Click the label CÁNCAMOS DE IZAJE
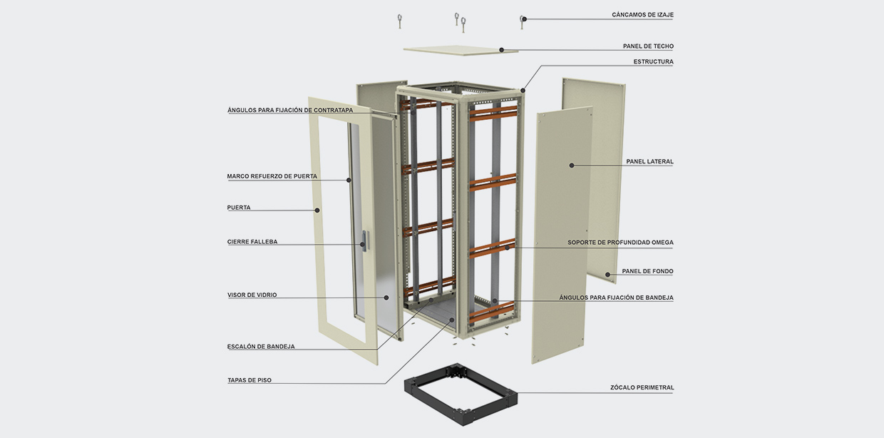[x=642, y=15]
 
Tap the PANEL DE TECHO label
[x=648, y=46]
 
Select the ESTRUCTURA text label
[x=653, y=62]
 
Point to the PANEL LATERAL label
[x=649, y=162]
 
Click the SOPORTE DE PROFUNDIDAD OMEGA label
[x=620, y=243]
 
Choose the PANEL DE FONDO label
[x=647, y=271]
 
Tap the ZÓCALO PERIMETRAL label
[x=642, y=388]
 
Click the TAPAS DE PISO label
[x=249, y=380]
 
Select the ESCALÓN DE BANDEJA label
[x=261, y=347]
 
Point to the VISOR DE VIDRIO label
[x=252, y=295]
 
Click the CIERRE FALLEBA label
[x=252, y=242]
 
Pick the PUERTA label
[x=239, y=208]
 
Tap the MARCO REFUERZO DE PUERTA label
[x=272, y=176]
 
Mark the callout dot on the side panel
[x=572, y=165]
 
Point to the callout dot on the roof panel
[x=502, y=50]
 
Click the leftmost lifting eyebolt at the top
[x=401, y=20]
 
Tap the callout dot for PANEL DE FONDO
[x=607, y=274]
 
